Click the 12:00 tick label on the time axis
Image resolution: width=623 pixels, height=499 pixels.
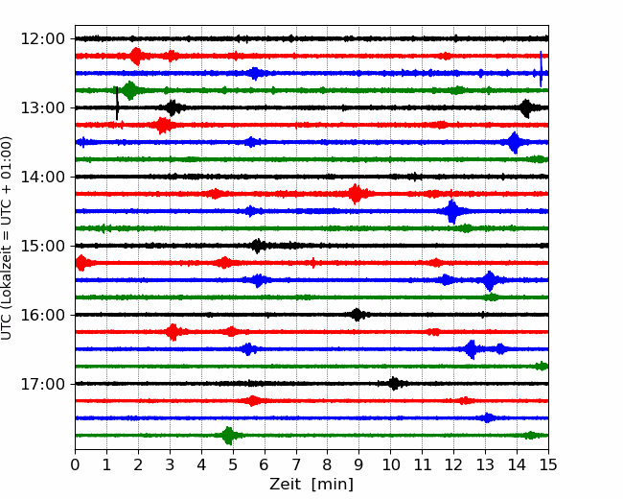tap(42, 39)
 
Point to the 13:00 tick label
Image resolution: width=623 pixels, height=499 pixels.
tap(42, 107)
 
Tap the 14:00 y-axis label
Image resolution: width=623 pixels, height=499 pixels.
tap(42, 177)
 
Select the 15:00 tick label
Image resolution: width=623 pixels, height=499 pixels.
tap(42, 246)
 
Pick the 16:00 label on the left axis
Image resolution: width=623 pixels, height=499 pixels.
tap(42, 315)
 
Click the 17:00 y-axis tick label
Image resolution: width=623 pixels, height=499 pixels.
tap(42, 384)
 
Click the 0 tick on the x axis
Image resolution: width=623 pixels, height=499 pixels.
tap(75, 464)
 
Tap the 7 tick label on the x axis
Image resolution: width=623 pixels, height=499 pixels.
tap(295, 464)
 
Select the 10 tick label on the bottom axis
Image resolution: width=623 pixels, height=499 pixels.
tap(390, 464)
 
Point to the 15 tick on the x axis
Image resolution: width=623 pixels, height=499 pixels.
tap(548, 464)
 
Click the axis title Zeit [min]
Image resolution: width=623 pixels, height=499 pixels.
tap(311, 485)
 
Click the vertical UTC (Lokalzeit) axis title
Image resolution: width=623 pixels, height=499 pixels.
tap(6, 238)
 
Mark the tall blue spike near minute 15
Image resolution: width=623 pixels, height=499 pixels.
tap(541, 69)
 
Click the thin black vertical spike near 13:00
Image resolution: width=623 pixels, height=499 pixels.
tap(117, 103)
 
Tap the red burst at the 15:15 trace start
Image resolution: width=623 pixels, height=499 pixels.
tap(81, 263)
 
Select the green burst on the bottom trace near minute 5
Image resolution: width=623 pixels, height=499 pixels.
tap(228, 436)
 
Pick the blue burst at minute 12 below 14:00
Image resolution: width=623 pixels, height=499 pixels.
tap(451, 211)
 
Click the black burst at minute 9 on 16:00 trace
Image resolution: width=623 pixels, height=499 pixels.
tap(357, 315)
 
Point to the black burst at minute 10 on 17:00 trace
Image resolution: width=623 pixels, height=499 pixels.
tap(394, 384)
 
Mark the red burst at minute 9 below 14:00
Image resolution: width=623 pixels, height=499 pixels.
tap(356, 194)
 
